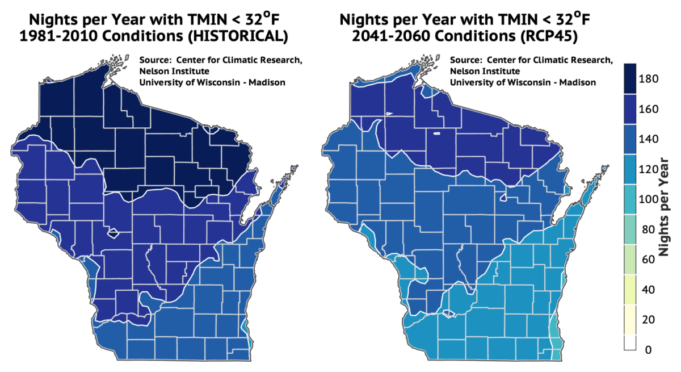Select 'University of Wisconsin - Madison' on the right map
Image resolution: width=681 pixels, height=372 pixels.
[x=523, y=82]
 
